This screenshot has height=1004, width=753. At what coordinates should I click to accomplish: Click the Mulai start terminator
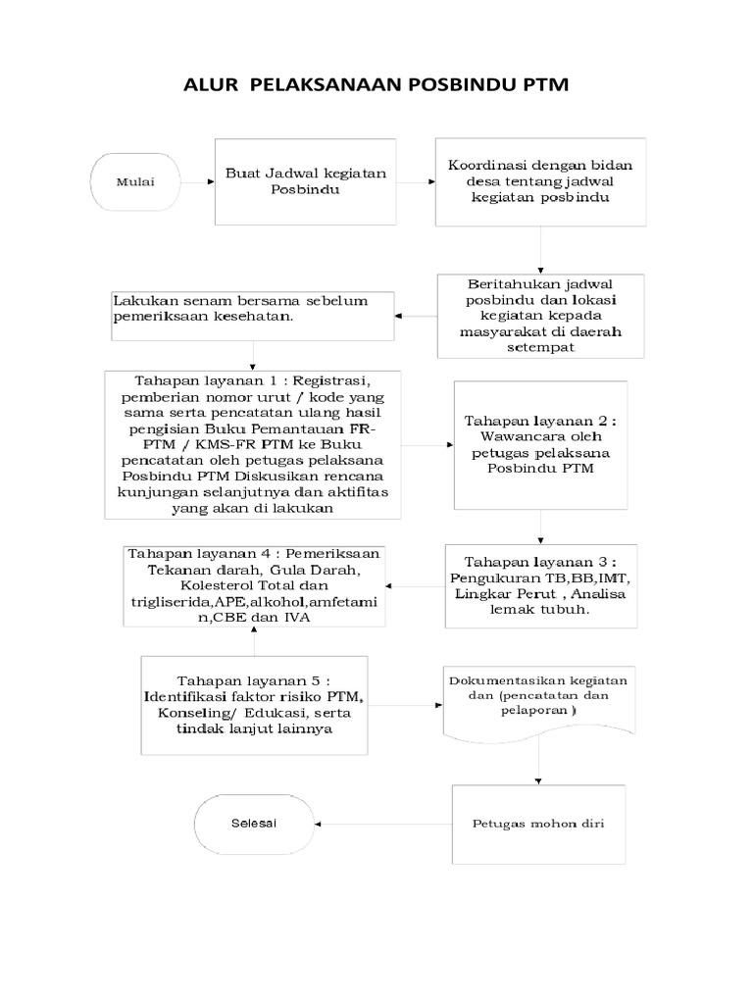coord(134,181)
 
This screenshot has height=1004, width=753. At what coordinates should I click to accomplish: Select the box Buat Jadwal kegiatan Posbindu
coord(305,182)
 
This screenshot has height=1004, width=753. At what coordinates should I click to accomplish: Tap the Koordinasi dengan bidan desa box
coord(540,182)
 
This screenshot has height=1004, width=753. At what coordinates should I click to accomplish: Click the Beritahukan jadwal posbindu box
coord(540,316)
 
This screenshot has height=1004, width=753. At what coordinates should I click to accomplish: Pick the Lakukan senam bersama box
coord(252,316)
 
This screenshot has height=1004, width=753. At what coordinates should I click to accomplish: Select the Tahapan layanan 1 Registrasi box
coord(252,443)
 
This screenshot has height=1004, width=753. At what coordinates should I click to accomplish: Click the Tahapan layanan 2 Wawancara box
coord(540,444)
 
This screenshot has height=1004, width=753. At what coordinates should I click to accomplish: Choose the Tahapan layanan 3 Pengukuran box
coord(540,585)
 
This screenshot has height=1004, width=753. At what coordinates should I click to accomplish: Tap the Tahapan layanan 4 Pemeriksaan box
coord(253,585)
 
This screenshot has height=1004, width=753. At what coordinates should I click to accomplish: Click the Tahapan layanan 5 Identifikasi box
coord(254,706)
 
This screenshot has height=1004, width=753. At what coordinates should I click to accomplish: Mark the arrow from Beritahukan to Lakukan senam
coord(416,317)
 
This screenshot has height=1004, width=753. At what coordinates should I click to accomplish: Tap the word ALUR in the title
coord(212,86)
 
